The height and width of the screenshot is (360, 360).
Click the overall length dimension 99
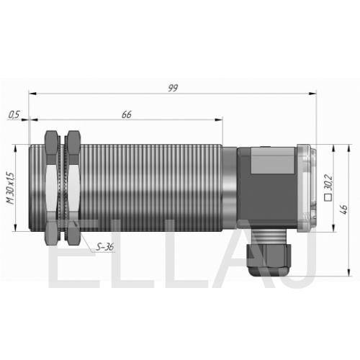tap(173, 88)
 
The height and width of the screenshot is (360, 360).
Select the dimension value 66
tap(127, 114)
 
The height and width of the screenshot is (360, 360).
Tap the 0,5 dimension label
tap(14, 114)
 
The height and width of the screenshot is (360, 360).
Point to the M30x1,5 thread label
tap(11, 188)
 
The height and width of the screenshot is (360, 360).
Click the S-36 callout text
tap(104, 247)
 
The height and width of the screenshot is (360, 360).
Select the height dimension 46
tap(343, 210)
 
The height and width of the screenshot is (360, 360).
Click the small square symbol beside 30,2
tap(328, 197)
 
